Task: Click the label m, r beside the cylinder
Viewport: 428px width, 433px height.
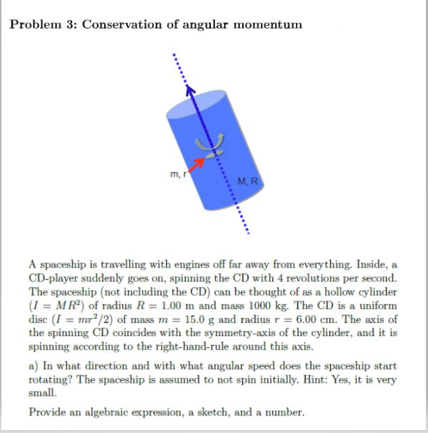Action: tap(176, 173)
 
